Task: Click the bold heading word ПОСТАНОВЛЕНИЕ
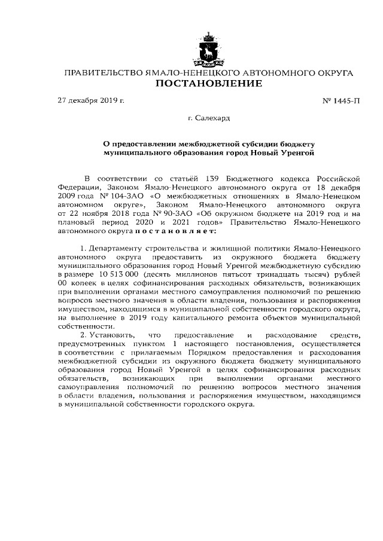click(x=209, y=84)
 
